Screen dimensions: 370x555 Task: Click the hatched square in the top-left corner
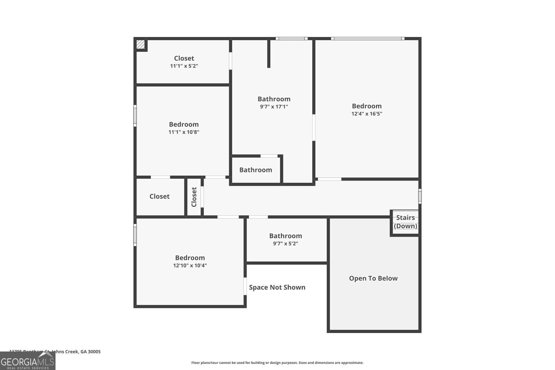coord(141,44)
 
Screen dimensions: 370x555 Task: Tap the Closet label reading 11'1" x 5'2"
coord(184,62)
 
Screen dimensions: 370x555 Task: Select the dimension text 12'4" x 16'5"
coord(367,114)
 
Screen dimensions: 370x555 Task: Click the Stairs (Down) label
coord(406,222)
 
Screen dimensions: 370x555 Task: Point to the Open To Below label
coord(373,279)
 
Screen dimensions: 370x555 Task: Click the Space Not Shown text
coord(277,287)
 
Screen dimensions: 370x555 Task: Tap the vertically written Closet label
coord(194,197)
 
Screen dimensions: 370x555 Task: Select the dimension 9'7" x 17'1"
coord(274,107)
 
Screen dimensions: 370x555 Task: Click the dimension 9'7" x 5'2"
coord(286,243)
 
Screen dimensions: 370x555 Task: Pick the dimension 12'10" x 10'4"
coord(190,265)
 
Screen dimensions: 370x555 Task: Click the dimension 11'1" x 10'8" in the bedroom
coord(184,132)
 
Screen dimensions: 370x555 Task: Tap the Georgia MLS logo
coord(27,361)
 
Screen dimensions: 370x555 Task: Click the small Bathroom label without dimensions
coord(256,170)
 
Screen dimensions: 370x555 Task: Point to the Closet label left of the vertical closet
coord(159,196)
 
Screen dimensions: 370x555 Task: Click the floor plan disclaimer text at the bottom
coord(277,363)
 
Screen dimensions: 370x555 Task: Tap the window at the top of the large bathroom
coord(292,38)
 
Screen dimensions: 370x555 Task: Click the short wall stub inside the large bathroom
coord(269,54)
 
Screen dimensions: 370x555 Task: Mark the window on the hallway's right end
coord(420,196)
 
